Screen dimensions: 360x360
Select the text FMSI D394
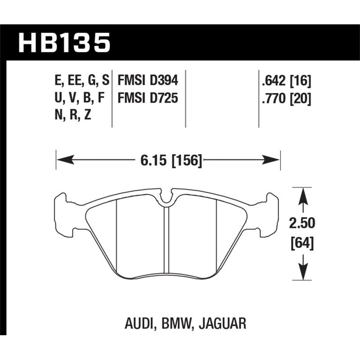click(x=148, y=81)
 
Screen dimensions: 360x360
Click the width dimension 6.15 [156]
click(x=168, y=160)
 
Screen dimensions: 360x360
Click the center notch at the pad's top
click(x=166, y=198)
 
